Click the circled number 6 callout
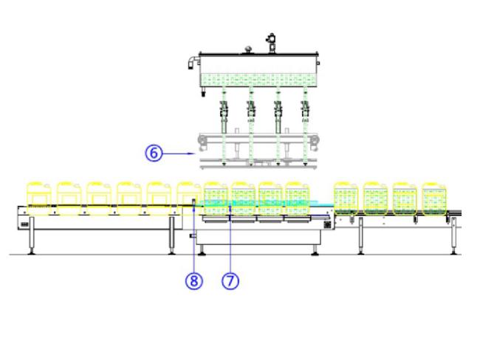154,153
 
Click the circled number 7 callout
230,280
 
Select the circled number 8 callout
194,280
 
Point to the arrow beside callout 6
179,153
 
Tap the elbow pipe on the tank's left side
193,62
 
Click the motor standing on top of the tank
271,43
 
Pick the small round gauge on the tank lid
248,49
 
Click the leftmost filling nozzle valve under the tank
224,109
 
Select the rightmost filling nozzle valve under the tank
305,109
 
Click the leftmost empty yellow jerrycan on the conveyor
38,198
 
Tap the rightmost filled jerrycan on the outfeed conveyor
434,198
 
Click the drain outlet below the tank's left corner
203,92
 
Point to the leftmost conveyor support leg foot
31,252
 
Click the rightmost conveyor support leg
453,235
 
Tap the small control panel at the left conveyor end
24,225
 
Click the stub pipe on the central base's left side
193,236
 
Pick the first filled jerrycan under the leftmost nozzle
216,198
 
